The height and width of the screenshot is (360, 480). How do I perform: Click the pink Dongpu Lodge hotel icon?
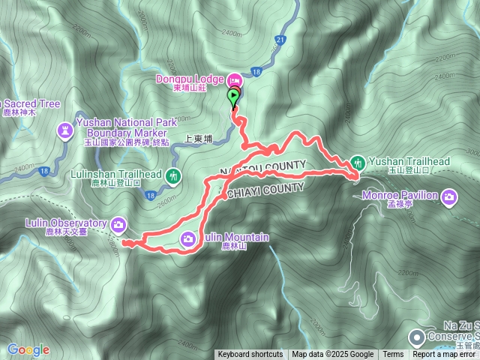click(232, 79)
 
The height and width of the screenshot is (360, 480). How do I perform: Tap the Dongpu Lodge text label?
click(189, 79)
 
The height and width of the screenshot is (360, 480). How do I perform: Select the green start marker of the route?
click(234, 95)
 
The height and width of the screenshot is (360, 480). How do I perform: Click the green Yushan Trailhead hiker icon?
click(358, 161)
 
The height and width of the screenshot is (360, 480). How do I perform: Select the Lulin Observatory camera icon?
click(118, 223)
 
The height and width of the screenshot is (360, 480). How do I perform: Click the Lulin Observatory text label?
click(66, 223)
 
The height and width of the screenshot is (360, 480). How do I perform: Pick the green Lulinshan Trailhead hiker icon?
click(174, 177)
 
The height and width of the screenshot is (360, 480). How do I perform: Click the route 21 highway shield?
click(280, 39)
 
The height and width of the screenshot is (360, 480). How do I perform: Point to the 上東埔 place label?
click(199, 138)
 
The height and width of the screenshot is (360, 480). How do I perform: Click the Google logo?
click(28, 349)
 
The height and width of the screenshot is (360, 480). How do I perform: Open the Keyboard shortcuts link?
click(250, 355)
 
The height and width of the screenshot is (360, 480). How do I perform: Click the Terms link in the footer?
click(393, 355)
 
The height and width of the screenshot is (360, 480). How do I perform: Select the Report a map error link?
click(445, 355)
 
